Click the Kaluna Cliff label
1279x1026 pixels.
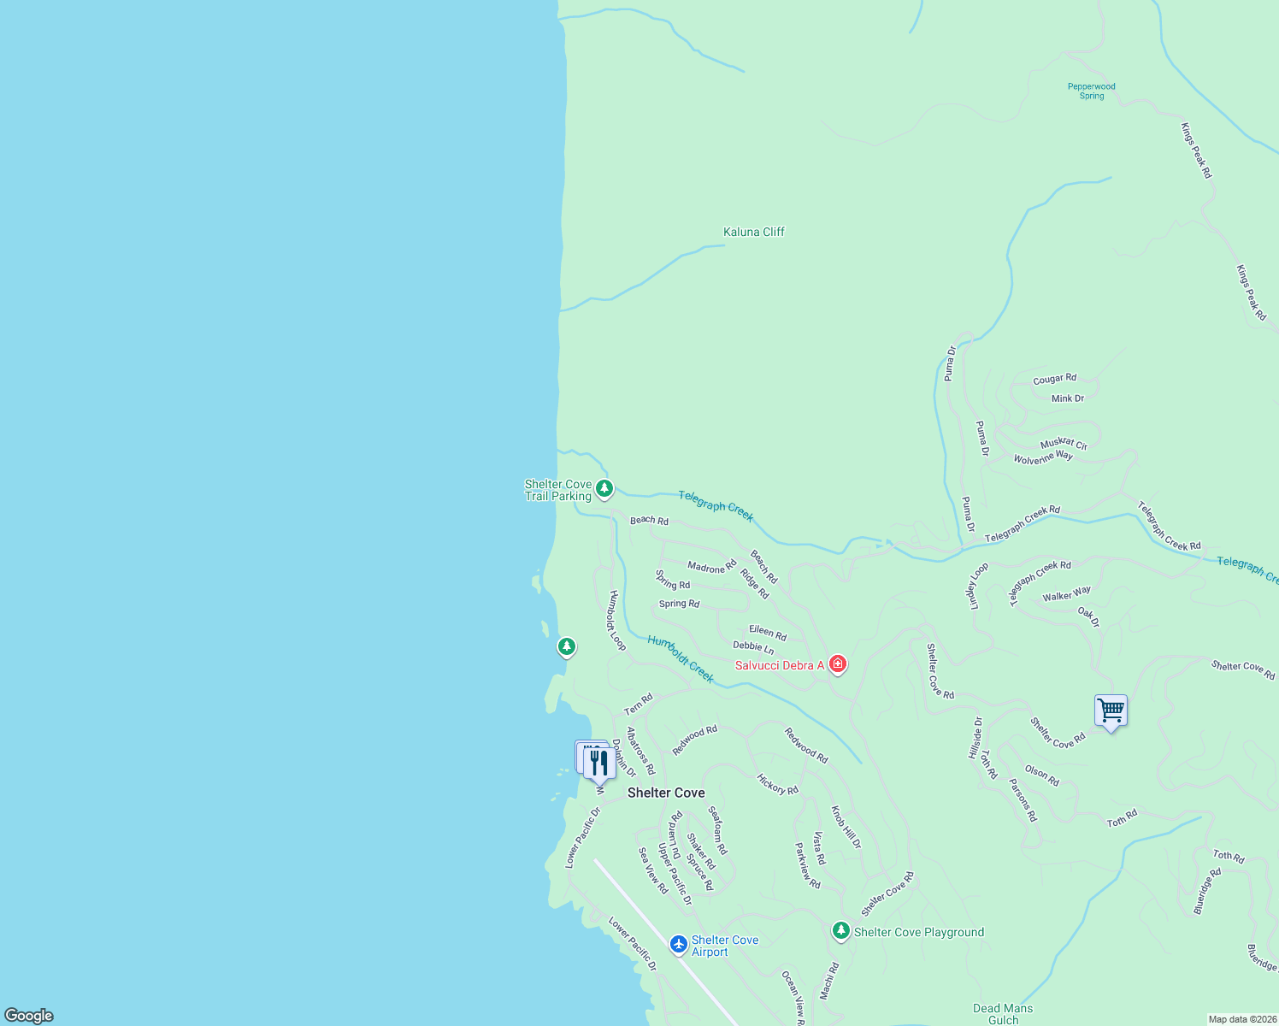[x=753, y=232]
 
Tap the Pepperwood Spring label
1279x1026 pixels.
[x=1092, y=91]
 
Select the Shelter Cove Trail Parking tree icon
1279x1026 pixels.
[x=604, y=489]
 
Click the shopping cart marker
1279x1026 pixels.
[x=1111, y=710]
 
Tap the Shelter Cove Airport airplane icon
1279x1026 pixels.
[x=679, y=944]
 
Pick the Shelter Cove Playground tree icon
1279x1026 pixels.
[x=841, y=930]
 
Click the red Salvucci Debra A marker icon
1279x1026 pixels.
[x=838, y=664]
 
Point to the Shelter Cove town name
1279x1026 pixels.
[x=666, y=793]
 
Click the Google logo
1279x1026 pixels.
[x=29, y=1015]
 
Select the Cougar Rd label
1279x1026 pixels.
[x=1054, y=379]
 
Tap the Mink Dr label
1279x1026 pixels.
[x=1068, y=398]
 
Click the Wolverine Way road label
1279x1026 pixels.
[x=1043, y=457]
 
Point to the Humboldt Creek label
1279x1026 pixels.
[x=681, y=658]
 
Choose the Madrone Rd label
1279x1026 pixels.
[x=712, y=567]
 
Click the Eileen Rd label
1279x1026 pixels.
[x=768, y=633]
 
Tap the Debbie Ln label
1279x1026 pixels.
[x=753, y=647]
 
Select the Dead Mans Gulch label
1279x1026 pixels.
[x=1003, y=1014]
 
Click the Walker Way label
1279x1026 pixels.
[x=1066, y=594]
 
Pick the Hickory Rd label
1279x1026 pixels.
[x=777, y=784]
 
